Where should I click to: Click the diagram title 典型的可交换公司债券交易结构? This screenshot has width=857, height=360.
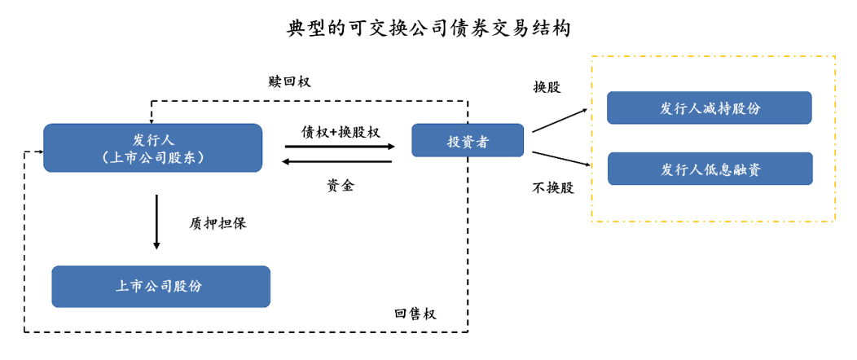click(x=428, y=28)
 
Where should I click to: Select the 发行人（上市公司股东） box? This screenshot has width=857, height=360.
click(x=153, y=147)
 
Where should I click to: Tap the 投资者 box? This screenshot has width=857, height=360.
click(x=467, y=141)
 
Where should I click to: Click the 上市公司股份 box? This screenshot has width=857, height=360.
click(x=160, y=286)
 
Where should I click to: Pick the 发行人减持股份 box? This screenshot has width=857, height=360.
click(x=709, y=108)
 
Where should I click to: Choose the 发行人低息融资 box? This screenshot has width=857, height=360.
click(x=709, y=169)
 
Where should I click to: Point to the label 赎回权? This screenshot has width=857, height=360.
click(x=289, y=82)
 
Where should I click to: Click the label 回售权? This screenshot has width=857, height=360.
click(x=415, y=314)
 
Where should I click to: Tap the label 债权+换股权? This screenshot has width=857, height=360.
click(x=341, y=132)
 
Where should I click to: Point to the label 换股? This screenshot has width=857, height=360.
click(x=547, y=87)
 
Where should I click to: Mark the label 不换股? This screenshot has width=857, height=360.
click(x=553, y=188)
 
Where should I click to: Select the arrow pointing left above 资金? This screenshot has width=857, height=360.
click(x=336, y=162)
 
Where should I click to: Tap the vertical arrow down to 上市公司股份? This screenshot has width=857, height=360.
click(x=156, y=222)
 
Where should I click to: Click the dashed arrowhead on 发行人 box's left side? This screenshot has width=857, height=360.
click(x=32, y=151)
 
